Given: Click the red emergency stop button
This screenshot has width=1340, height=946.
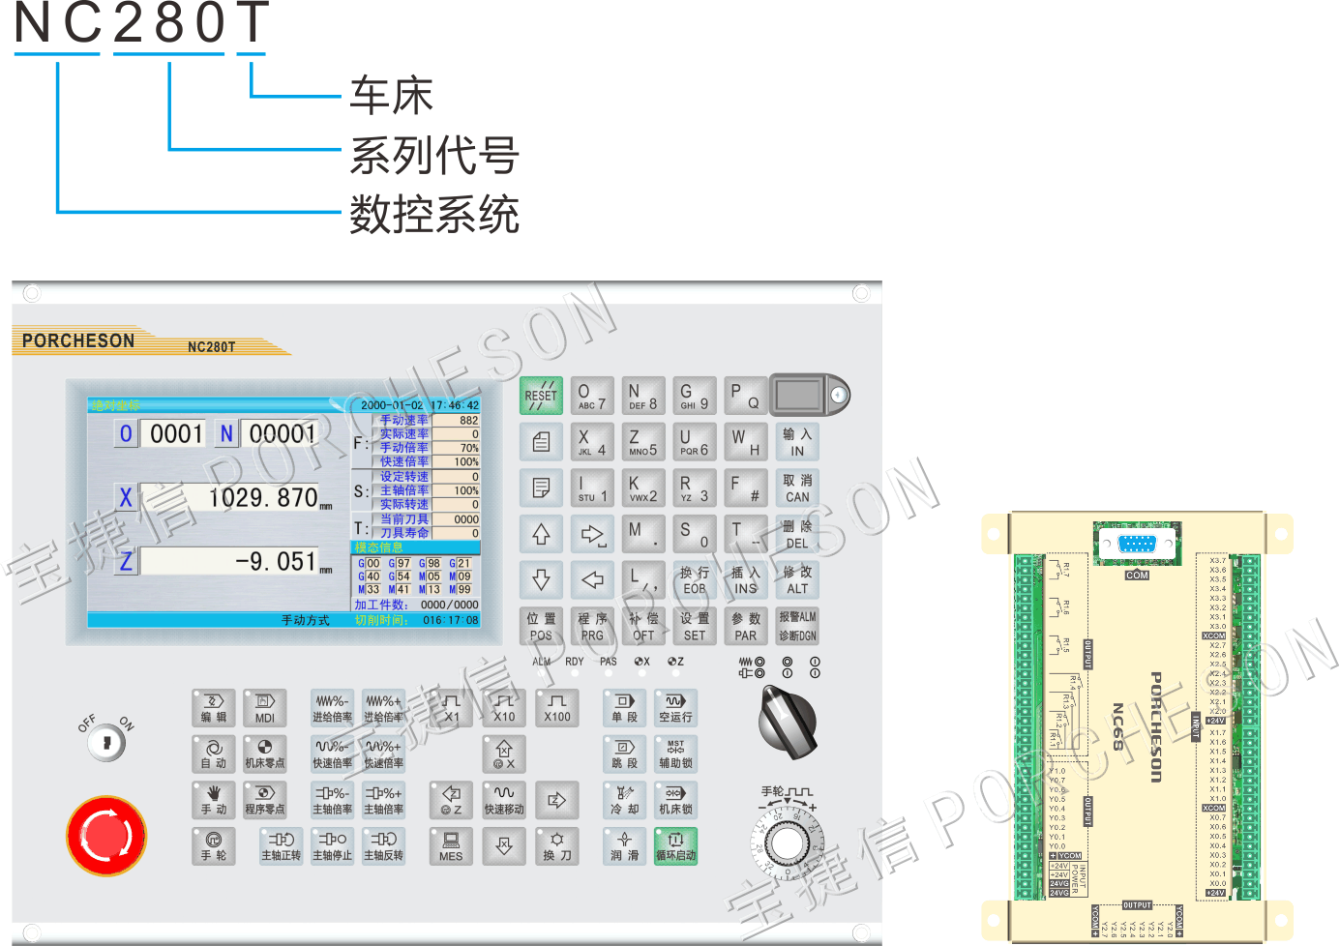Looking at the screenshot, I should (x=106, y=836).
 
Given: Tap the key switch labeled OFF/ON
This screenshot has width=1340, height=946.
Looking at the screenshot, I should (x=106, y=743).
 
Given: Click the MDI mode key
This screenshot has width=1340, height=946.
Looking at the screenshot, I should (x=264, y=707).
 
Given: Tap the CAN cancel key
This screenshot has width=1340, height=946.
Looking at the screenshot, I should (x=797, y=488).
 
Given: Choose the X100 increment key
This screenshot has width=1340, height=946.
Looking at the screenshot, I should (x=556, y=707).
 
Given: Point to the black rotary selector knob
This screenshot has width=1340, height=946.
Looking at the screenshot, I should (x=789, y=723).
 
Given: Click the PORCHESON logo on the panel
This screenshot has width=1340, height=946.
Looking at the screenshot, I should (x=78, y=340).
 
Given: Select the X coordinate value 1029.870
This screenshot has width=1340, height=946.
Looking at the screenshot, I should (x=263, y=498).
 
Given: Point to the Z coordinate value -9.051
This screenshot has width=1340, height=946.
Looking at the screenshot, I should (x=276, y=562).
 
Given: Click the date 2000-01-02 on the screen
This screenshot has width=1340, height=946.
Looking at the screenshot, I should (x=391, y=405).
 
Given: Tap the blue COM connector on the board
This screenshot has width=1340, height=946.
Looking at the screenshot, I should (x=1137, y=544).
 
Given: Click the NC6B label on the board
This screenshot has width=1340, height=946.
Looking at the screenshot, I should (x=1118, y=726).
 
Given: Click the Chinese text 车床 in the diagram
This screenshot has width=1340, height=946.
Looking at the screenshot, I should (x=392, y=95).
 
